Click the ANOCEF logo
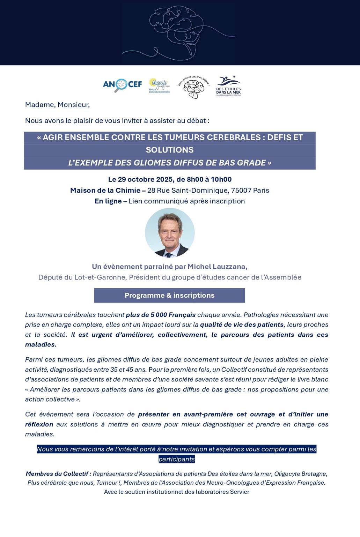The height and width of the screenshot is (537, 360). point(122,84)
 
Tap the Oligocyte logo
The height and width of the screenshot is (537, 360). point(159,85)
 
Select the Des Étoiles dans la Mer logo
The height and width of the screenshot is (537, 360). point(228,86)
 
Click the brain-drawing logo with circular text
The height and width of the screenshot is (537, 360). point(194,87)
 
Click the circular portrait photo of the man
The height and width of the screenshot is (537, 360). point(170,233)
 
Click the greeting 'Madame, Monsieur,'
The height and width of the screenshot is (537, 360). point(57,105)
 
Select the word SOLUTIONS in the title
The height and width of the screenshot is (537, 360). point(170,150)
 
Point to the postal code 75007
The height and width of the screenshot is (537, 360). point(241,191)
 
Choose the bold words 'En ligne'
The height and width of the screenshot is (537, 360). point(108,201)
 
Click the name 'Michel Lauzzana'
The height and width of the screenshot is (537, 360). point(217,267)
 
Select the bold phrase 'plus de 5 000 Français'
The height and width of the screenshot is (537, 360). point(161,315)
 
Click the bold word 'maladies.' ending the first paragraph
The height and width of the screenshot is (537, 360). point(41,345)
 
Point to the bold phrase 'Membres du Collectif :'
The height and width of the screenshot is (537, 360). point(58,474)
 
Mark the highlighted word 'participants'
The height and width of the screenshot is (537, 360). point(176,459)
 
